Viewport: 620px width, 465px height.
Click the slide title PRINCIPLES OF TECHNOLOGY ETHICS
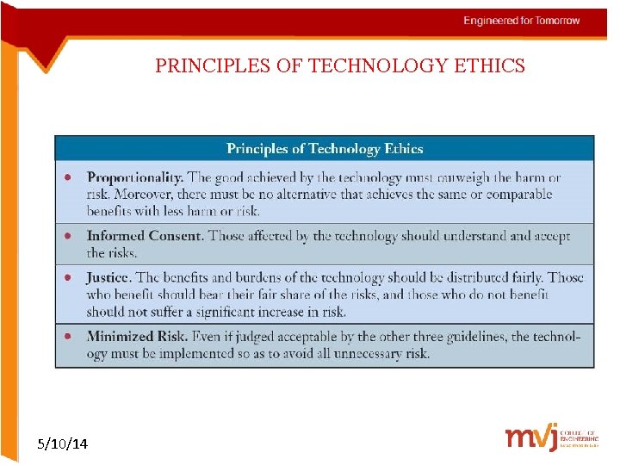(340, 66)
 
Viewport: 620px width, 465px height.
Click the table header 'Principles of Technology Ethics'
(325, 149)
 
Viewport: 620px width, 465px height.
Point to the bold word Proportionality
(134, 178)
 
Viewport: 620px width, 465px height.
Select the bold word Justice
(108, 277)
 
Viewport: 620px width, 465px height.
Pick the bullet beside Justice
(68, 278)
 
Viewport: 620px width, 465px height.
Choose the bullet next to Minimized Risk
(68, 337)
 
